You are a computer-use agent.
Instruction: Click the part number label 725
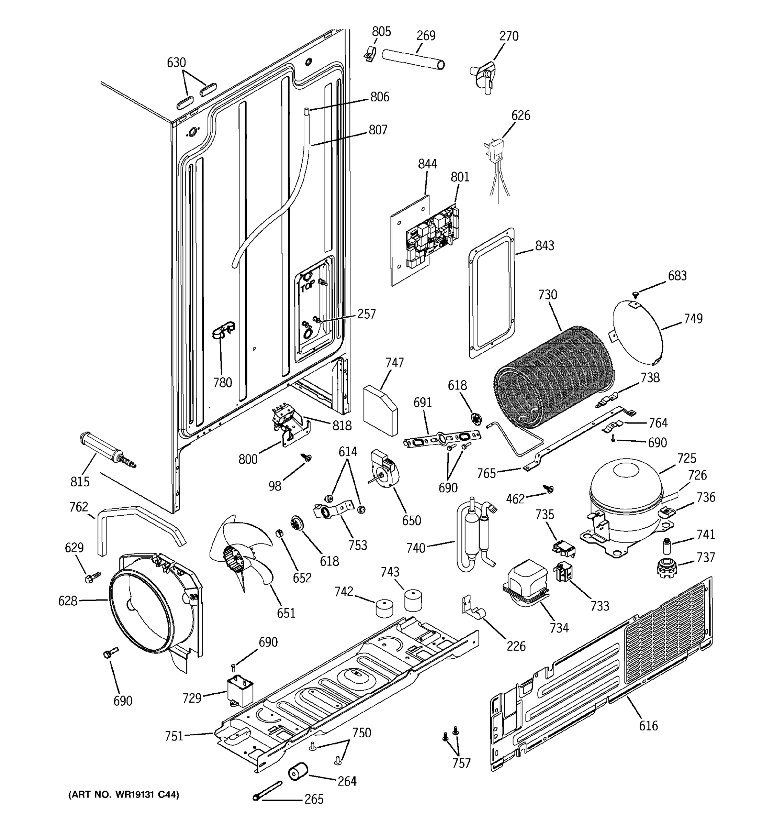pos(687,458)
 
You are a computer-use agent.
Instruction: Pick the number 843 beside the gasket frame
pos(545,246)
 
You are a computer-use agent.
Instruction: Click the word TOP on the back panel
pos(308,286)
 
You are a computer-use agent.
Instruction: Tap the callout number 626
pos(520,115)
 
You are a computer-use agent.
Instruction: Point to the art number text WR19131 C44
pos(124,795)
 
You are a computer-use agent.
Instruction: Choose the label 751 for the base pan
pos(174,736)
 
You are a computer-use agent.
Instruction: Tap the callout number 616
pos(648,725)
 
